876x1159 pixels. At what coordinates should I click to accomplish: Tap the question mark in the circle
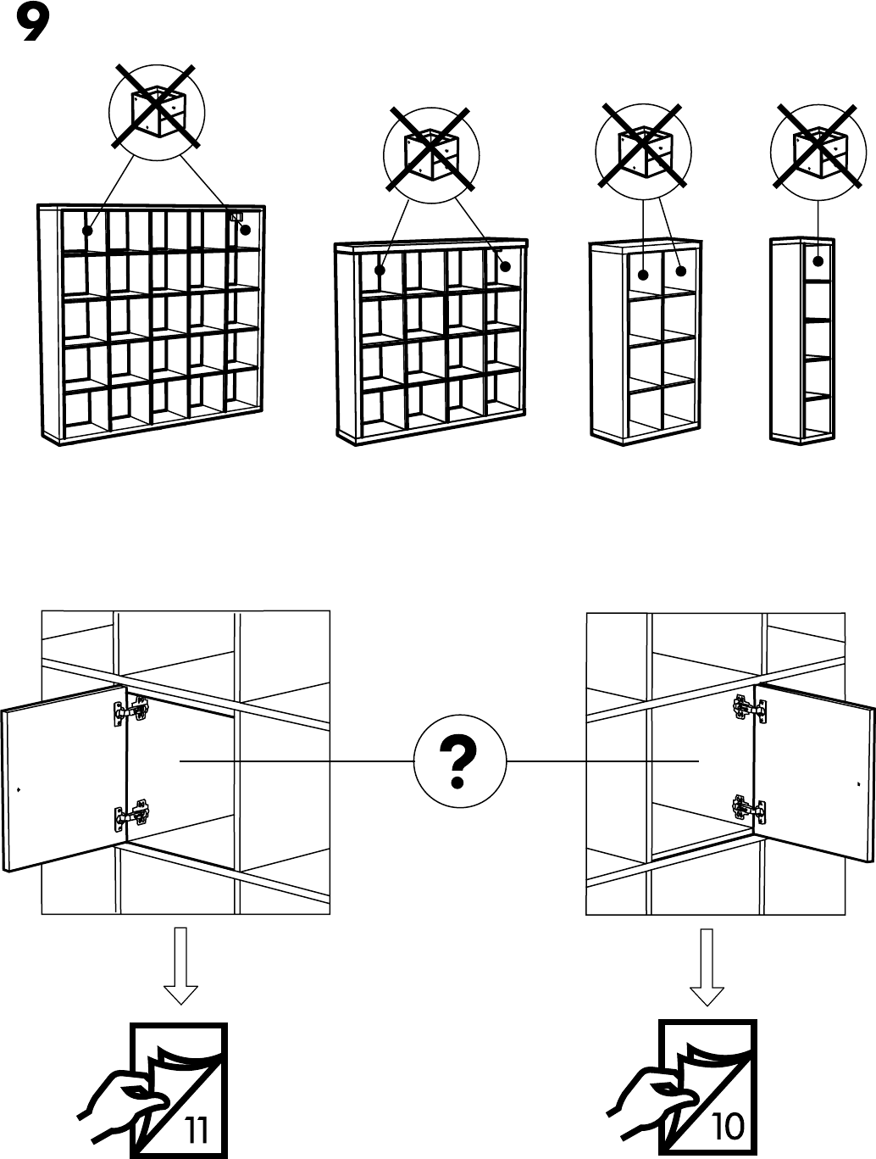point(459,762)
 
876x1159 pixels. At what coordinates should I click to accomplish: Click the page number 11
point(197,1128)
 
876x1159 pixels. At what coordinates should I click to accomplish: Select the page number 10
point(728,1126)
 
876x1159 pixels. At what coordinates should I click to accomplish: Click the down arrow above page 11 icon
point(180,966)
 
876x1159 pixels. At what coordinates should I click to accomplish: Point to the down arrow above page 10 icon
point(707,966)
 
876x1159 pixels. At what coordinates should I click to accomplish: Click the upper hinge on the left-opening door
point(130,710)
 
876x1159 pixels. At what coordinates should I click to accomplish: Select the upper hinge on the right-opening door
point(749,707)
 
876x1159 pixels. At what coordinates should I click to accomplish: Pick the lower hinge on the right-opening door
point(748,808)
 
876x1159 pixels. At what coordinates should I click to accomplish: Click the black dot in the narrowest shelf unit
point(818,260)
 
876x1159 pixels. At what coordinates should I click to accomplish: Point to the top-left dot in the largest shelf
point(87,230)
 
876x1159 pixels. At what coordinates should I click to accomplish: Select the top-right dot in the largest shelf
point(246,229)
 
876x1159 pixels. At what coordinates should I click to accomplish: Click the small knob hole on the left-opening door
point(19,788)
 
